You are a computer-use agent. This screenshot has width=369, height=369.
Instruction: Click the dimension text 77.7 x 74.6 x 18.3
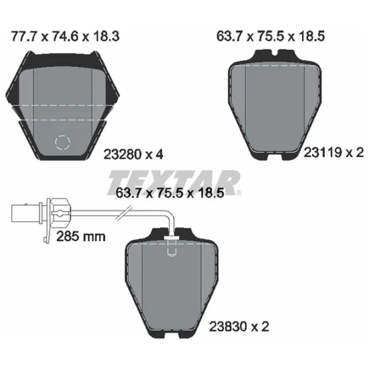pyautogui.click(x=65, y=36)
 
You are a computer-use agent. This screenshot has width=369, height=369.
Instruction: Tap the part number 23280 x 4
pyautogui.click(x=133, y=154)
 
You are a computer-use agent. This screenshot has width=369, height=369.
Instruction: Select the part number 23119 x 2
pyautogui.click(x=334, y=153)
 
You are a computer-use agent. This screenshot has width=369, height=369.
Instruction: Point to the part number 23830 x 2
pyautogui.click(x=239, y=327)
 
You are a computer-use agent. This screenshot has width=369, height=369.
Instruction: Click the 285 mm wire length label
pyautogui.click(x=81, y=236)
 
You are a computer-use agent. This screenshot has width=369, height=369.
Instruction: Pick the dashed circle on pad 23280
pyautogui.click(x=62, y=143)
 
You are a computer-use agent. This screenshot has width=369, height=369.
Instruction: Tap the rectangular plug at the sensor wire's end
pyautogui.click(x=27, y=213)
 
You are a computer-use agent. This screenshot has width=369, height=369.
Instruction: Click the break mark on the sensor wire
pyautogui.click(x=124, y=213)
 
